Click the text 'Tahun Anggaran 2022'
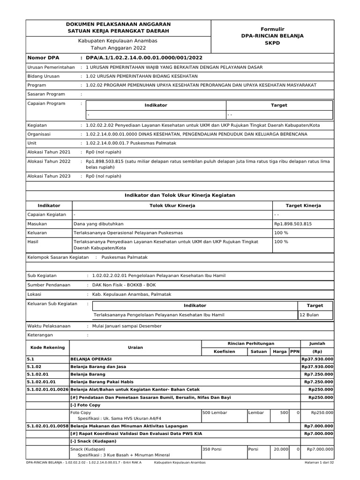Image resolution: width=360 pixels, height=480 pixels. pos(118,48)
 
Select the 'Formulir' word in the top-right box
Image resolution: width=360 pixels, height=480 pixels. pos(272,29)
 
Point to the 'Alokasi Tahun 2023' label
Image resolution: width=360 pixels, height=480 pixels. pos(49,176)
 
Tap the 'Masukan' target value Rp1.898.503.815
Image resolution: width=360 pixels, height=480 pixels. pos(293,224)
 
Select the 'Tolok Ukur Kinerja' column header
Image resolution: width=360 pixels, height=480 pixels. pos(172,206)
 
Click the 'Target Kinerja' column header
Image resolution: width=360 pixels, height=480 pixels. pos(303,206)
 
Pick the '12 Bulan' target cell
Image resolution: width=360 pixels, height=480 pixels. pos(309,315)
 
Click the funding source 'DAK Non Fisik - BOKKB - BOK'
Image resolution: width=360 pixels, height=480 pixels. pos(120,285)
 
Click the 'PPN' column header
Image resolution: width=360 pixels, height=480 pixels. pos(294,351)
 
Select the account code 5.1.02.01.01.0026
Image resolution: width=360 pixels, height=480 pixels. pos(48,390)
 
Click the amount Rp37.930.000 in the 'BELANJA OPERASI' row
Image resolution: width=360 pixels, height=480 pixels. pos(317,359)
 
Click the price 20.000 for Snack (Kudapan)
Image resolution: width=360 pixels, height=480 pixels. pos(281,449)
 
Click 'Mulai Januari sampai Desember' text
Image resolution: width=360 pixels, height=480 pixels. pos(127,326)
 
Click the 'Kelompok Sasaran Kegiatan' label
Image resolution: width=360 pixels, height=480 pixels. pos(59,257)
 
